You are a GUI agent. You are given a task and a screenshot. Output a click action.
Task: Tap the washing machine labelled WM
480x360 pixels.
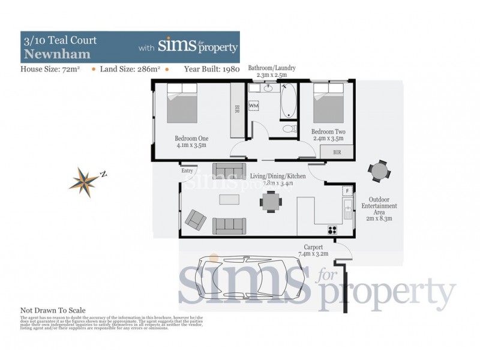[254, 106]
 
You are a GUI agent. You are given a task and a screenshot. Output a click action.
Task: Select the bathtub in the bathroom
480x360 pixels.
[288, 101]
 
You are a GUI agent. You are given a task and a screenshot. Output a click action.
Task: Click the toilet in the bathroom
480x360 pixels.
[288, 128]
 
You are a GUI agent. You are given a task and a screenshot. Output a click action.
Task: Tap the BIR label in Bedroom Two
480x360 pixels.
[337, 153]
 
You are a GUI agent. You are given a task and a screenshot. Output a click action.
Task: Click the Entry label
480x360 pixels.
[188, 170]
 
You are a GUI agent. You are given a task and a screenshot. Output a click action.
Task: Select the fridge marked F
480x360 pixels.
[347, 191]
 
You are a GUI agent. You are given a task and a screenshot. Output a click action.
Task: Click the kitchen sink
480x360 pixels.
[347, 209]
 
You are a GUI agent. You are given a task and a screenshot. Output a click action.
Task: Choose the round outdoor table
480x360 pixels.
[379, 172]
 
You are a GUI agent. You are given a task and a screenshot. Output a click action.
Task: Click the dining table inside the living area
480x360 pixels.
[271, 202]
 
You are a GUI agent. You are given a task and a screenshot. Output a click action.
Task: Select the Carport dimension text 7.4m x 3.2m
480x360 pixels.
[314, 254]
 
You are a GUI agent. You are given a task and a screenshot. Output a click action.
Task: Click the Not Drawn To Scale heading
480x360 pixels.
[53, 310]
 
